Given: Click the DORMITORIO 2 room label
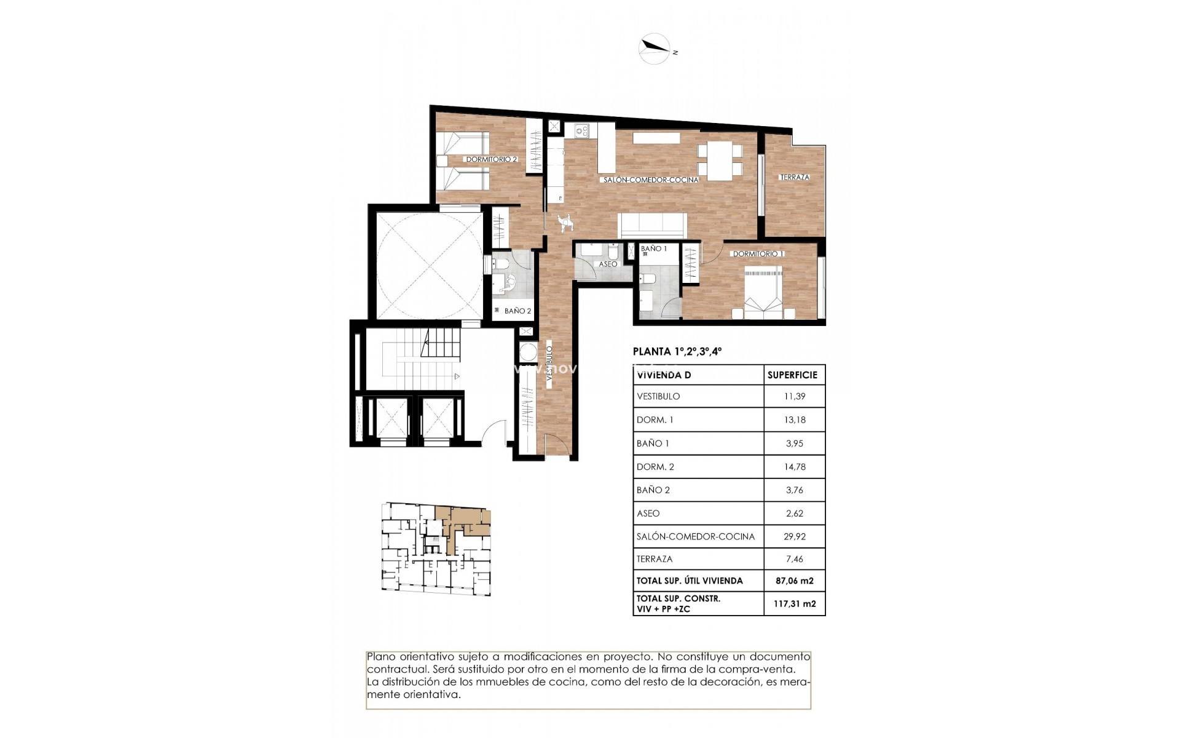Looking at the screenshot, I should tap(491, 159).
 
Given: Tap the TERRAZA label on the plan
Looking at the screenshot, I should tap(795, 177).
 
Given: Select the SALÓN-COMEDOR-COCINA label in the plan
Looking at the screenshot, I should tap(650, 180).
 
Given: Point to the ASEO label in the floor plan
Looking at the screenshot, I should tap(608, 264).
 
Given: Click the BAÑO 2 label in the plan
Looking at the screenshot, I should tap(517, 311).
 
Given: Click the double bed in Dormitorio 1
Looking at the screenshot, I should tap(764, 292).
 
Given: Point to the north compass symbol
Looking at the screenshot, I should tap(656, 49).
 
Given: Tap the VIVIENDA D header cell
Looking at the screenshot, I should tap(659, 375).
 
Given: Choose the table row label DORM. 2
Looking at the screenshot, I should tap(655, 467).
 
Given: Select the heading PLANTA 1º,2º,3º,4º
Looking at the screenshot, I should tap(677, 352).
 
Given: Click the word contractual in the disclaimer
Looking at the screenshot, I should tap(393, 670).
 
